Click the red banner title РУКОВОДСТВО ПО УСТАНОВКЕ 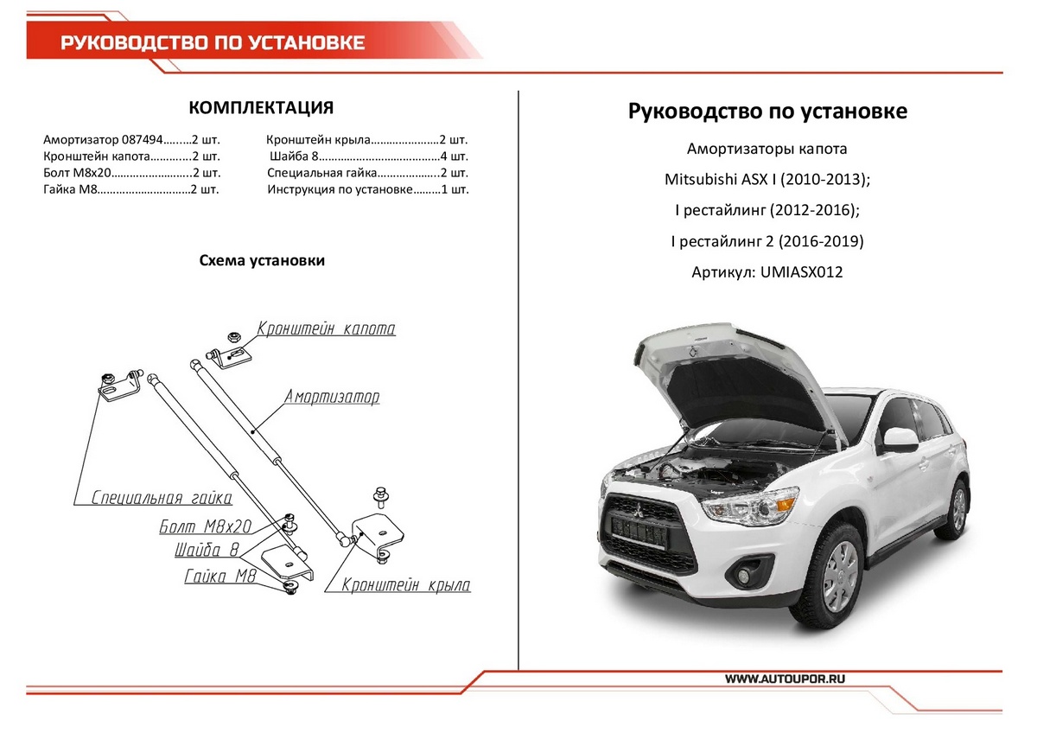pyautogui.click(x=213, y=42)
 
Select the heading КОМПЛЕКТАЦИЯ pyautogui.click(x=261, y=107)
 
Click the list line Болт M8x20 pyautogui.click(x=130, y=174)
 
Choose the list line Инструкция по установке pyautogui.click(x=368, y=190)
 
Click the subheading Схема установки pyautogui.click(x=262, y=260)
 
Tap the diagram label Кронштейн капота pyautogui.click(x=326, y=329)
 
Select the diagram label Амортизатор pyautogui.click(x=332, y=398)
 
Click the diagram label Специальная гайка pyautogui.click(x=162, y=498)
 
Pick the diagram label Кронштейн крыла pyautogui.click(x=406, y=585)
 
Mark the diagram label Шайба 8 pyautogui.click(x=207, y=551)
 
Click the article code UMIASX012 pyautogui.click(x=801, y=272)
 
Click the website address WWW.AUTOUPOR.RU pyautogui.click(x=783, y=679)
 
